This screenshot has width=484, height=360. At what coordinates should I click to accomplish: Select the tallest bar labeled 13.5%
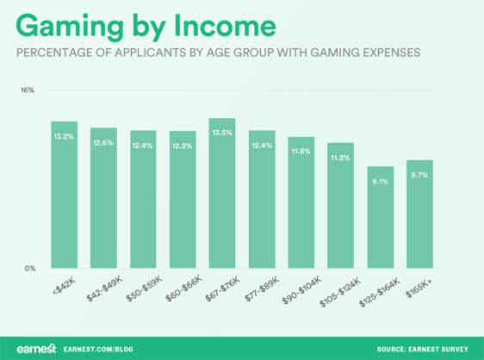click(x=222, y=194)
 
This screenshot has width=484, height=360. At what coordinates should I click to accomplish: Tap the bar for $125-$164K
click(x=380, y=217)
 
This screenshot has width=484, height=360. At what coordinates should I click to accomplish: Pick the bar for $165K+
click(x=419, y=214)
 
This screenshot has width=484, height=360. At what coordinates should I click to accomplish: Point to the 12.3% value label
click(x=183, y=146)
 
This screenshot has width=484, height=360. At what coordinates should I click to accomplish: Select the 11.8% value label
click(x=301, y=152)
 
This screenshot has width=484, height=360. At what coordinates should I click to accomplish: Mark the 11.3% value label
click(x=340, y=158)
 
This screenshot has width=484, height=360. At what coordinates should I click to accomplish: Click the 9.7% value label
click(x=419, y=175)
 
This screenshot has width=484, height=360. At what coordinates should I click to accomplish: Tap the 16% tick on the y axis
click(x=28, y=90)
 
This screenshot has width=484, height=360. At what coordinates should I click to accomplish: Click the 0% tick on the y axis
click(x=29, y=269)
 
